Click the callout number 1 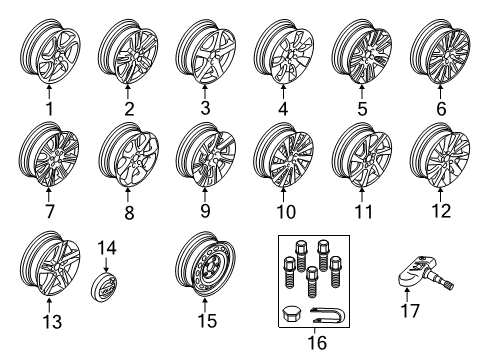[x=49, y=109]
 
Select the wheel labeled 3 [x=205, y=51]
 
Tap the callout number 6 [x=441, y=109]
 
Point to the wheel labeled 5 [x=362, y=51]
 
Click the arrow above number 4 [x=283, y=92]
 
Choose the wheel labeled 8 [x=128, y=154]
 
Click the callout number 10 [x=286, y=212]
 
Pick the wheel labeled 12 [x=441, y=154]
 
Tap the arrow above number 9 [x=205, y=194]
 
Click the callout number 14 [x=107, y=248]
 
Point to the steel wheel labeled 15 [x=205, y=264]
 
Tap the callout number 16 [x=317, y=343]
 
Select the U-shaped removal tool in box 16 [x=328, y=315]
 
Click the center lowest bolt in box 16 [x=312, y=282]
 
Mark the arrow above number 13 [x=49, y=305]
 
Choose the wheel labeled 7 [x=49, y=154]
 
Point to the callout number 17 [x=410, y=311]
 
